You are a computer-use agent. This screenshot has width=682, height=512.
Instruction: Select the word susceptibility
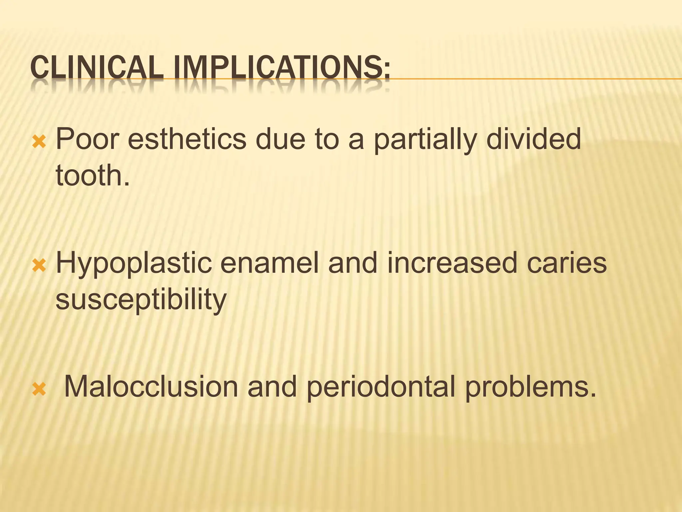pyautogui.click(x=141, y=299)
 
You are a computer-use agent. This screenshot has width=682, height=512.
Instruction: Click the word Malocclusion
pyautogui.click(x=151, y=387)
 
